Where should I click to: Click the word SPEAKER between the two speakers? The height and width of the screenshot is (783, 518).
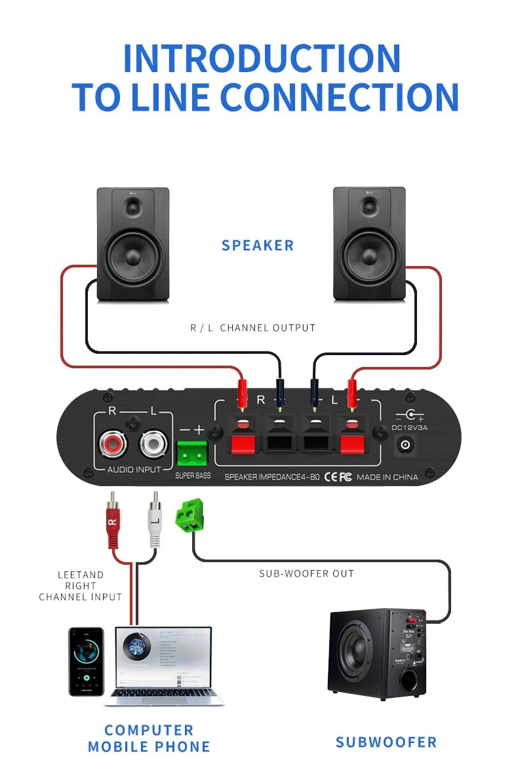pyautogui.click(x=258, y=246)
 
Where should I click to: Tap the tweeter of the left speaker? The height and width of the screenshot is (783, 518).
pyautogui.click(x=134, y=208)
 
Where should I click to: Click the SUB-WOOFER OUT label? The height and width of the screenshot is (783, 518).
pyautogui.click(x=306, y=573)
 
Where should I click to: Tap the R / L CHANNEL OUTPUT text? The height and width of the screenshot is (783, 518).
pyautogui.click(x=252, y=328)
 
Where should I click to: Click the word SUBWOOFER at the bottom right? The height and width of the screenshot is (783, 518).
pyautogui.click(x=386, y=742)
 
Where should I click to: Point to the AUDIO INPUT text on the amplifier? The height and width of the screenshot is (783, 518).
pyautogui.click(x=134, y=470)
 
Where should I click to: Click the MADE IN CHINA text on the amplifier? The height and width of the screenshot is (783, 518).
pyautogui.click(x=387, y=477)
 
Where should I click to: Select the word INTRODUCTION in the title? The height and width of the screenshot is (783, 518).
pyautogui.click(x=261, y=58)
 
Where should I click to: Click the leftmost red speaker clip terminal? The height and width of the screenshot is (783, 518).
pyautogui.click(x=241, y=444)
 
